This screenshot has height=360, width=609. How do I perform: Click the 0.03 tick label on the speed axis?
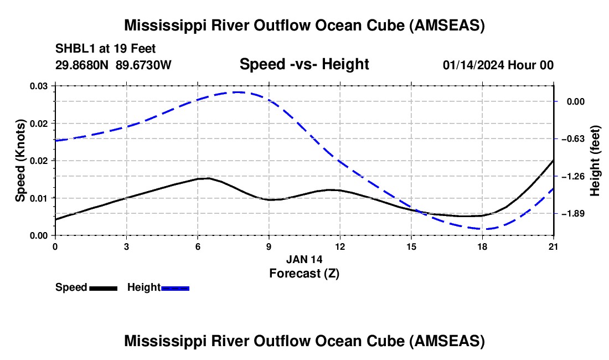tap(39, 86)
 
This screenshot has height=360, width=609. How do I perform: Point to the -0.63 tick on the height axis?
tap(572, 139)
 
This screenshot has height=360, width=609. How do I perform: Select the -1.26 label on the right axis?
tap(572, 176)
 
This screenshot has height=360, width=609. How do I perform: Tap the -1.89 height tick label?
tap(572, 214)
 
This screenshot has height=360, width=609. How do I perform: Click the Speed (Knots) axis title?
tap(20, 161)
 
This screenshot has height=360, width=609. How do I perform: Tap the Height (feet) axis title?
tap(595, 161)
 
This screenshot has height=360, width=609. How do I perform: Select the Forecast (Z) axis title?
tap(304, 273)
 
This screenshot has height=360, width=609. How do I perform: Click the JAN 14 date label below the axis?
tap(304, 259)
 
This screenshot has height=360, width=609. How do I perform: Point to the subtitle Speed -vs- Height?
tap(304, 64)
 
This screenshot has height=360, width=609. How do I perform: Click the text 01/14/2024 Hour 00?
tap(498, 65)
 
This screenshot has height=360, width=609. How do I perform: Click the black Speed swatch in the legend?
tap(103, 288)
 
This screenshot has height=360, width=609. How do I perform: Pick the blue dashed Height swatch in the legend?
tap(176, 288)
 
